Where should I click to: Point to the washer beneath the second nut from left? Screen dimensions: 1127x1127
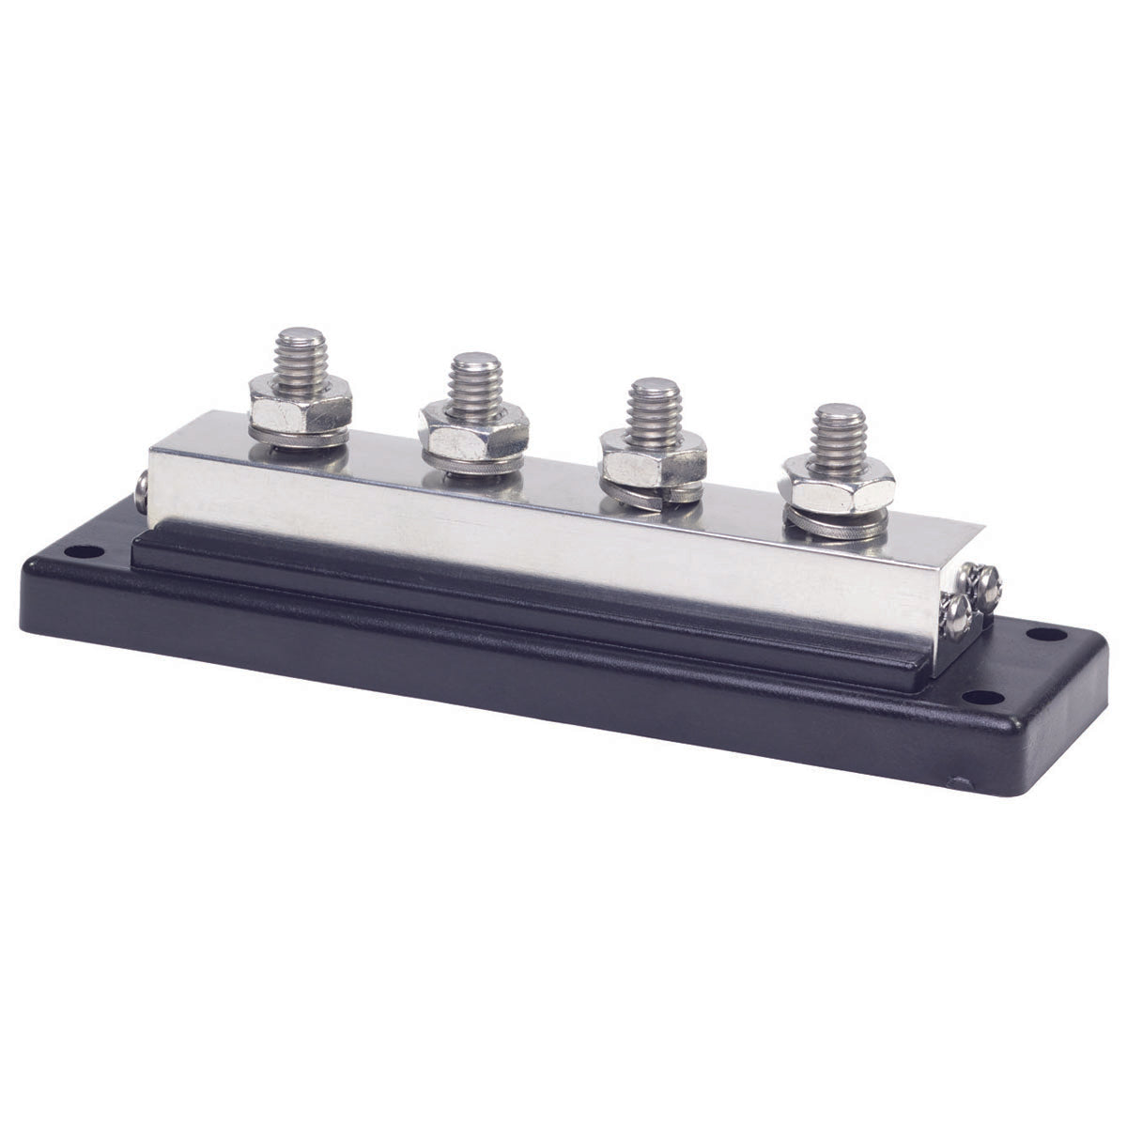(474, 463)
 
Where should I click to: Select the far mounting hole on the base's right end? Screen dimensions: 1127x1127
(1041, 634)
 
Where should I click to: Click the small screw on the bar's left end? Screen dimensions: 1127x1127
(141, 490)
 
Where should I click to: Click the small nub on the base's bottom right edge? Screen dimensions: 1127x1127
(957, 781)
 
